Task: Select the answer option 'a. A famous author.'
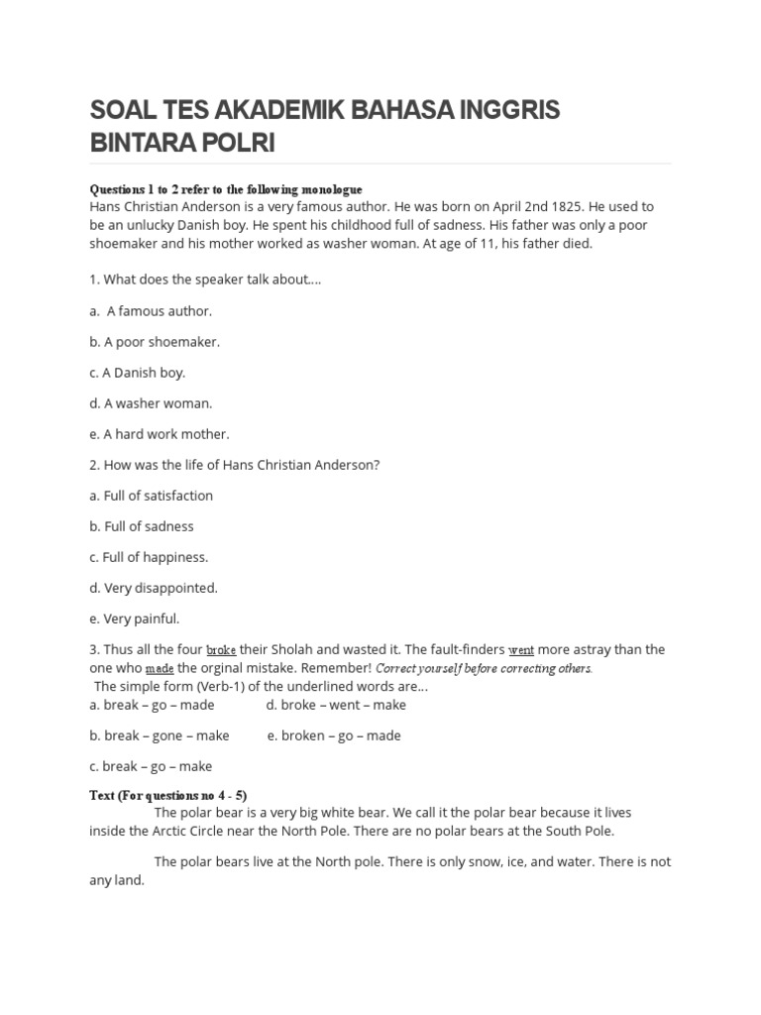(x=151, y=311)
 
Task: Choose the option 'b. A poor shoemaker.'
(x=155, y=342)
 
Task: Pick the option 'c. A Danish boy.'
(x=137, y=373)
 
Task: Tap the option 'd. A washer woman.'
(x=151, y=403)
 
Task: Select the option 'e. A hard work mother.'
(x=159, y=434)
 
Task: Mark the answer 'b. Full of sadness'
(x=142, y=526)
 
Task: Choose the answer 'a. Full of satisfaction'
(x=151, y=496)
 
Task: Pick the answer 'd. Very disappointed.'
(x=154, y=588)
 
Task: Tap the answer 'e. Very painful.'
(x=135, y=619)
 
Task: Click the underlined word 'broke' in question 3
(x=221, y=650)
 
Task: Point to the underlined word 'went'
(x=521, y=650)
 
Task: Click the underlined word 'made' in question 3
(x=160, y=668)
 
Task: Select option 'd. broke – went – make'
(x=336, y=705)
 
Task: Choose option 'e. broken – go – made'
(x=334, y=735)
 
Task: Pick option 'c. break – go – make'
(x=151, y=766)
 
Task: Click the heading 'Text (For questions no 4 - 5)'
(x=167, y=795)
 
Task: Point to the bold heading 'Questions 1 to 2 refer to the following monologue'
(x=226, y=189)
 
